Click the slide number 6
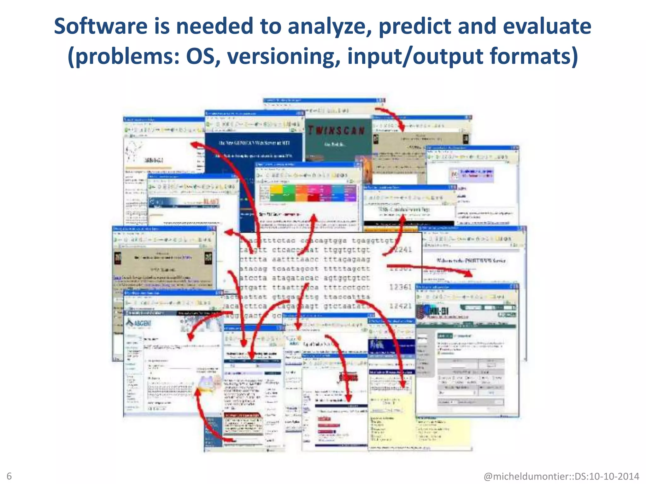pyautogui.click(x=9, y=476)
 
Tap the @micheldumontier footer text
pyautogui.click(x=561, y=476)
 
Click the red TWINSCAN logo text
pyautogui.click(x=336, y=130)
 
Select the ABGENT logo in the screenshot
pyautogui.click(x=139, y=323)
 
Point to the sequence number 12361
pyautogui.click(x=400, y=287)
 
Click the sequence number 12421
pyautogui.click(x=400, y=306)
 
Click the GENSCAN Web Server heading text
pyautogui.click(x=254, y=143)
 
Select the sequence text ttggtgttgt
pyautogui.click(x=347, y=250)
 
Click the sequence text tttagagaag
pyautogui.click(x=347, y=259)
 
